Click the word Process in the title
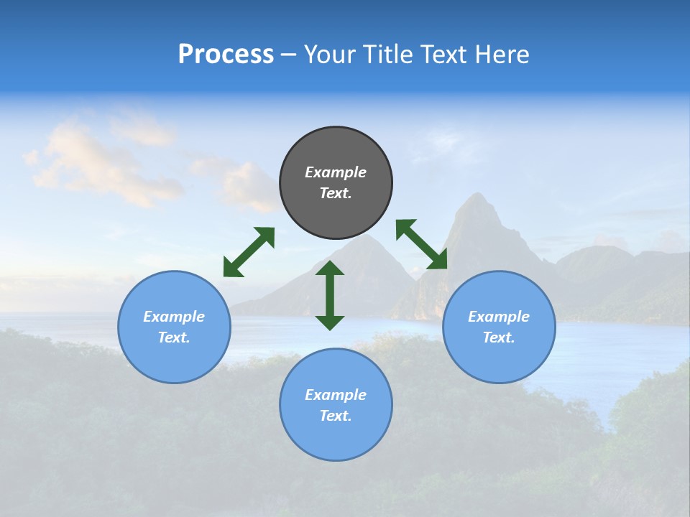click(226, 55)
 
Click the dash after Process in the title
click(289, 56)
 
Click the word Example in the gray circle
click(336, 172)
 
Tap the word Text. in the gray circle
click(336, 193)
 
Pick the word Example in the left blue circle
click(174, 317)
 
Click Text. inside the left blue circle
click(174, 337)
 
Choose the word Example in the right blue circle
click(499, 317)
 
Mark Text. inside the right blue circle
click(499, 337)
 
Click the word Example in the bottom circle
click(336, 395)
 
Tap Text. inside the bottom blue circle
click(336, 416)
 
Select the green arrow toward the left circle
click(249, 252)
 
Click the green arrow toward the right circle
click(421, 244)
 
